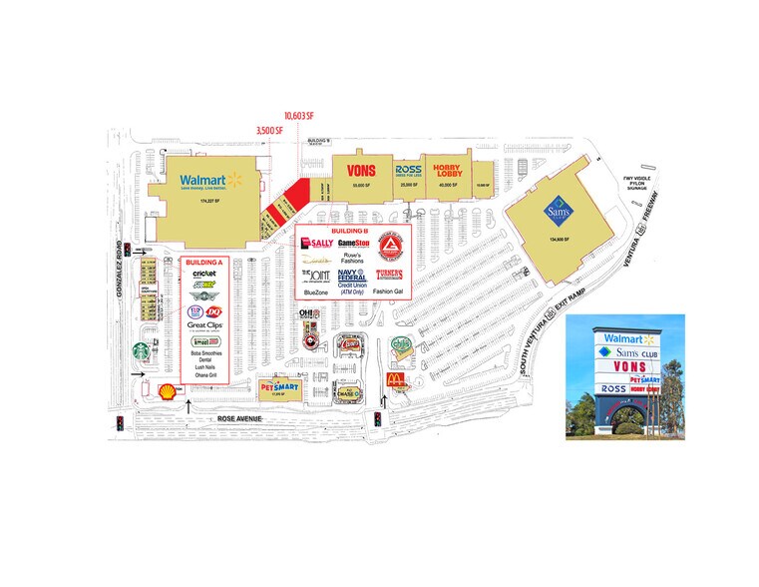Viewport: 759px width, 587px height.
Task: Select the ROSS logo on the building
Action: tap(407, 171)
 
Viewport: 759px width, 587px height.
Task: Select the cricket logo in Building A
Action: tap(204, 274)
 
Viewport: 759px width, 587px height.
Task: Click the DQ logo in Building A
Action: tap(215, 310)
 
